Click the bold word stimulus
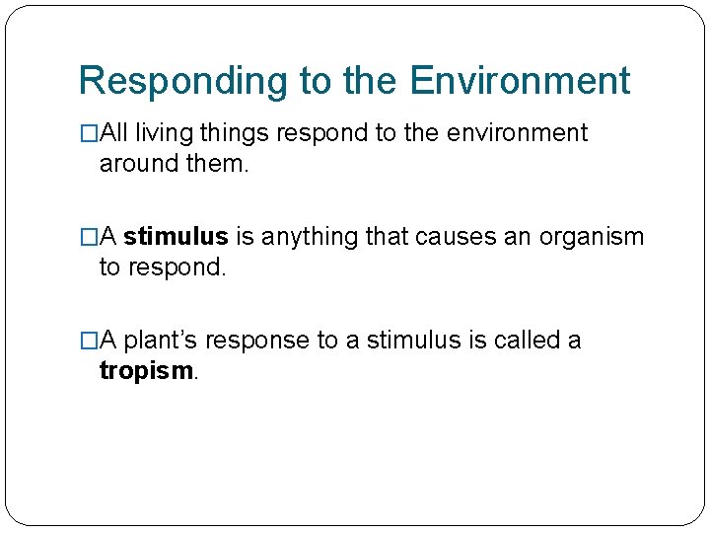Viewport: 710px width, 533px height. coord(176,237)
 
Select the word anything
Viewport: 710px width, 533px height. coord(309,237)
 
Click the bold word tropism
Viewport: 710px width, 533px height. coord(148,370)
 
